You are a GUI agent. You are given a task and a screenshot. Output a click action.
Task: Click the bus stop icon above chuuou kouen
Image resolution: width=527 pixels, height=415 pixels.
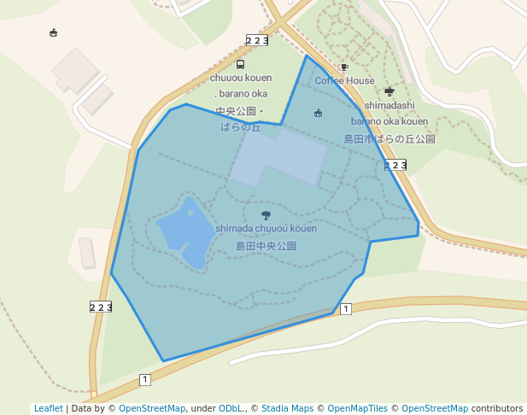(240, 64)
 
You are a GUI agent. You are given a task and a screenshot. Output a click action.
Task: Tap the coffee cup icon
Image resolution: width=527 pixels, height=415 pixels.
(344, 67)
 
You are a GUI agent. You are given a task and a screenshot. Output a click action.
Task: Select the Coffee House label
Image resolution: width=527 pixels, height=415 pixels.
(344, 81)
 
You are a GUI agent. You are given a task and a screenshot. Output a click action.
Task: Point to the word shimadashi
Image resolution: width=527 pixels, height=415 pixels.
(389, 106)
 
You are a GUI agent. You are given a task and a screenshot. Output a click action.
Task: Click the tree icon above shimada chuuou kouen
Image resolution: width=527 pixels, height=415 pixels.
(266, 215)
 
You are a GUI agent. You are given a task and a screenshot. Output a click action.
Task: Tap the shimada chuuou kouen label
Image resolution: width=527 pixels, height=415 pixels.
(266, 229)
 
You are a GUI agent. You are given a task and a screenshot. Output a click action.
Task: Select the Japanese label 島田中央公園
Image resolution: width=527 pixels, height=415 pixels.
(266, 246)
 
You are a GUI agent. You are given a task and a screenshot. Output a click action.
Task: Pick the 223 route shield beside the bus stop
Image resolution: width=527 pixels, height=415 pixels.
(257, 40)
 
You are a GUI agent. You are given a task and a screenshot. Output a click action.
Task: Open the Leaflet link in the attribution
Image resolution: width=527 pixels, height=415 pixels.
(48, 409)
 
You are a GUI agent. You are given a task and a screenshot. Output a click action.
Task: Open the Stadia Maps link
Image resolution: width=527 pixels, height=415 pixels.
(287, 409)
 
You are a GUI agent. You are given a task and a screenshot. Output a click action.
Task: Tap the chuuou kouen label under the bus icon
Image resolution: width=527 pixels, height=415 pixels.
(241, 78)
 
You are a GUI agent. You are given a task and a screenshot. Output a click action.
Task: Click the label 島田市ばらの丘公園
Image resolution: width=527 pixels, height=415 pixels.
(389, 138)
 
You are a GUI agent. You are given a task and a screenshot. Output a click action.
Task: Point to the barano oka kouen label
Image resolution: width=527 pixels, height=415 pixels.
(389, 121)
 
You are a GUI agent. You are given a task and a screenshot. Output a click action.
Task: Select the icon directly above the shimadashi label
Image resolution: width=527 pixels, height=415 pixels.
(389, 91)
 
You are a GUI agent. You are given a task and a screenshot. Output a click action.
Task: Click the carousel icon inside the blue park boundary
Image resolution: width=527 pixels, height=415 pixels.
(318, 113)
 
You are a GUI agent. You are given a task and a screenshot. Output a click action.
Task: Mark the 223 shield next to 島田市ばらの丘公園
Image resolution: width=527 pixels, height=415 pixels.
(395, 165)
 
